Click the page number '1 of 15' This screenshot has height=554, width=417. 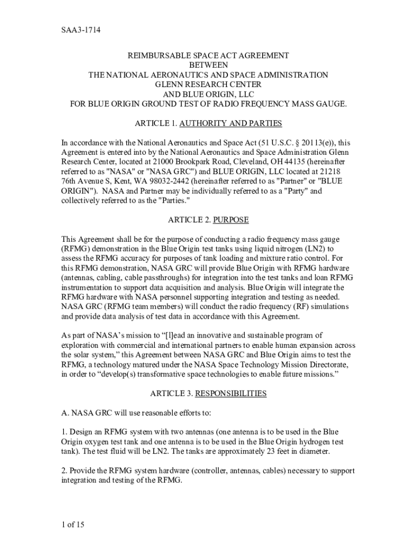[x=73, y=524]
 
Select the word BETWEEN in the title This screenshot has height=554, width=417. [x=208, y=65]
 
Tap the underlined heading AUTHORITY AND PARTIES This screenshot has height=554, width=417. [x=231, y=123]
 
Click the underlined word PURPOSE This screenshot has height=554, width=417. [x=231, y=220]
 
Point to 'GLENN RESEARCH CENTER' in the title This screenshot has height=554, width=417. [x=208, y=84]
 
